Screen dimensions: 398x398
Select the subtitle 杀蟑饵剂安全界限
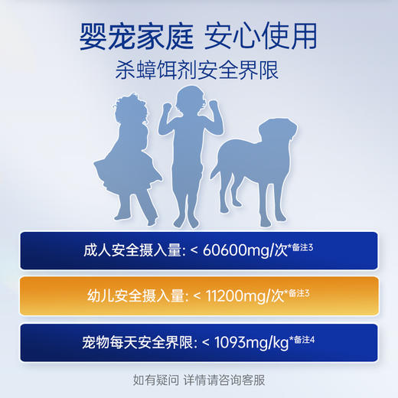tap(199, 70)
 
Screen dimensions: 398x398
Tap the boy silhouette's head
tap(188, 102)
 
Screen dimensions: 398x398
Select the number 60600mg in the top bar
tap(233, 250)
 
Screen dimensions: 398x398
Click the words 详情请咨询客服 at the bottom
tap(224, 379)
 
